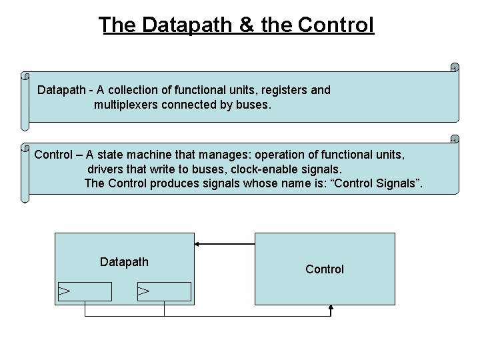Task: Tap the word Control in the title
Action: (336, 25)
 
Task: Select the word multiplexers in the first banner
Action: (126, 105)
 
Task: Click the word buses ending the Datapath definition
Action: (254, 105)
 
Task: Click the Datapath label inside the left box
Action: (124, 262)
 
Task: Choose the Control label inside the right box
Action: (325, 269)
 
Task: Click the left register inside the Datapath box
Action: (85, 291)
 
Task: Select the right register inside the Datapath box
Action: (164, 291)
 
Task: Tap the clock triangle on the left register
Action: (65, 291)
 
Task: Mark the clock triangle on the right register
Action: (143, 291)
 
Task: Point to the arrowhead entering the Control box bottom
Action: (331, 309)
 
